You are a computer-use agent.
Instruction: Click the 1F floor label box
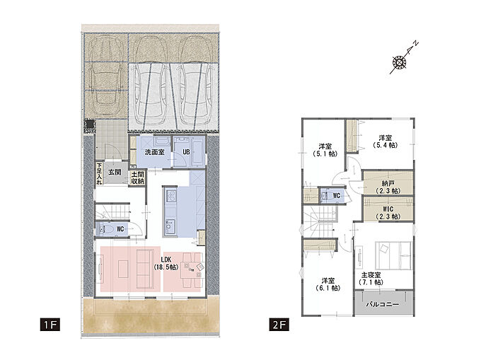tap(50, 325)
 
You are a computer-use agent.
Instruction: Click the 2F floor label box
tap(279, 325)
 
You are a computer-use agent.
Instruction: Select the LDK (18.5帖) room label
tap(166, 263)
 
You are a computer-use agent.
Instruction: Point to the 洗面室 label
tap(155, 152)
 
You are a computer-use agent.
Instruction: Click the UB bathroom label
tap(186, 152)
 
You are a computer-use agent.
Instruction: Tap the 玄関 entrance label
tap(115, 172)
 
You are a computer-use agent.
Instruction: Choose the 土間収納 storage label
tap(137, 178)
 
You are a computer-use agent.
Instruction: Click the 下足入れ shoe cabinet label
tap(99, 173)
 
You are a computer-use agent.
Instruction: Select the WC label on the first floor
tap(120, 229)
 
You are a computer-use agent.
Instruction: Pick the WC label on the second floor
tap(337, 195)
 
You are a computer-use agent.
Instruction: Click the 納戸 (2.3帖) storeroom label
tap(388, 187)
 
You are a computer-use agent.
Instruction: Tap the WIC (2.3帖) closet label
tap(388, 212)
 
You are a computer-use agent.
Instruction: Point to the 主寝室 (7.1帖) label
tap(371, 279)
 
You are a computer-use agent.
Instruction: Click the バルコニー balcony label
tap(383, 305)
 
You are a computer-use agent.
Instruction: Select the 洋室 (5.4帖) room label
tap(385, 141)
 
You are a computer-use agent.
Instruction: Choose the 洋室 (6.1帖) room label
tap(328, 284)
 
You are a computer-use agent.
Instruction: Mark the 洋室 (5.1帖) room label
tap(325, 150)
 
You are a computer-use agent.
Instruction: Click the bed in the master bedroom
tap(393, 256)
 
